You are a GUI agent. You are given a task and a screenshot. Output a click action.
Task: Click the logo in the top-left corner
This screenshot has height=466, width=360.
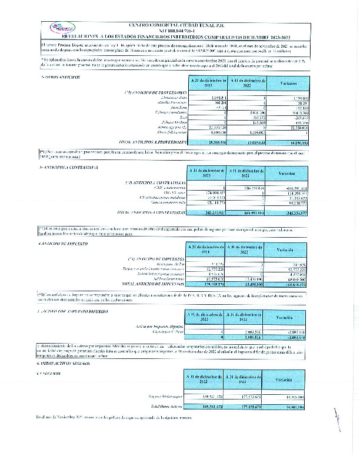pyautogui.click(x=59, y=28)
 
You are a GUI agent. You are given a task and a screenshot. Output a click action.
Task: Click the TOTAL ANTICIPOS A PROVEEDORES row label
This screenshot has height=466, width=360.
pyautogui.click(x=152, y=142)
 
